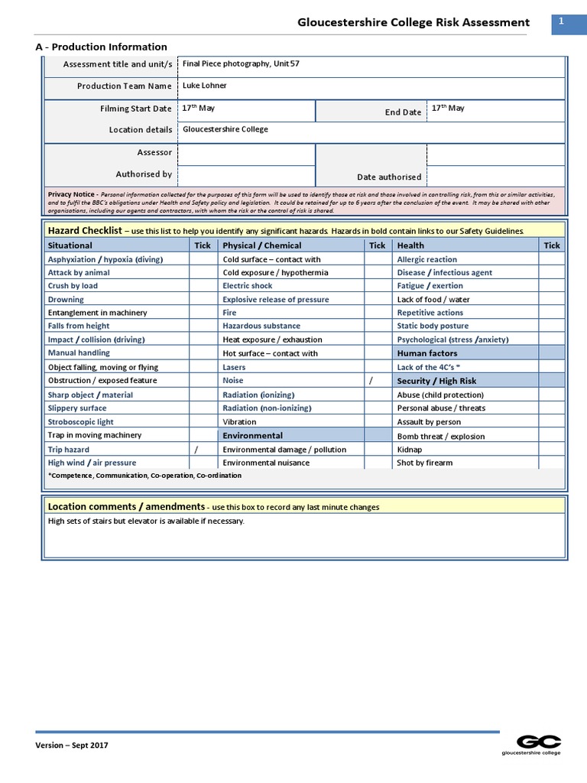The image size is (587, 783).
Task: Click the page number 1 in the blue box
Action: point(561,23)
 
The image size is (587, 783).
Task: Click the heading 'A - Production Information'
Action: point(101,47)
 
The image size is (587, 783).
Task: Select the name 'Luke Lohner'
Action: point(205,86)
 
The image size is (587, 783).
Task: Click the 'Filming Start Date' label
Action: point(135,109)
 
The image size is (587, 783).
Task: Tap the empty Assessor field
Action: point(246,154)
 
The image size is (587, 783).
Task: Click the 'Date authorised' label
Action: point(389,177)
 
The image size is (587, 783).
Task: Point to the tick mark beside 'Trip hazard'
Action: point(196,450)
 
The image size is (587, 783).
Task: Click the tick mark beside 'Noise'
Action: point(371,380)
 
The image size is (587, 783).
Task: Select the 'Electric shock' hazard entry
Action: point(248,286)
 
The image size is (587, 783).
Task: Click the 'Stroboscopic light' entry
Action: point(80,421)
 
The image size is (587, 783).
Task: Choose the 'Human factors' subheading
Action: point(426,353)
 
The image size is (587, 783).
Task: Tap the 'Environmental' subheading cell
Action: point(252,435)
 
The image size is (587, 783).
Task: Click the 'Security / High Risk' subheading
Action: point(436,381)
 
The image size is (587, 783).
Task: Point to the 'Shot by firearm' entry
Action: point(424,463)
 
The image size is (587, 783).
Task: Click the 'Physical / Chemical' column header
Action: point(261,245)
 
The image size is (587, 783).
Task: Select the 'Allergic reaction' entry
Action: point(426,259)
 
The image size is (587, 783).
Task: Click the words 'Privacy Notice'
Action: point(72,195)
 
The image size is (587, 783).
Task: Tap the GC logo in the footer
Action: point(539,741)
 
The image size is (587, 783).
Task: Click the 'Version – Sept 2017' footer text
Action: point(72,746)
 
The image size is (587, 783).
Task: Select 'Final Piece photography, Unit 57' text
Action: point(241,63)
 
